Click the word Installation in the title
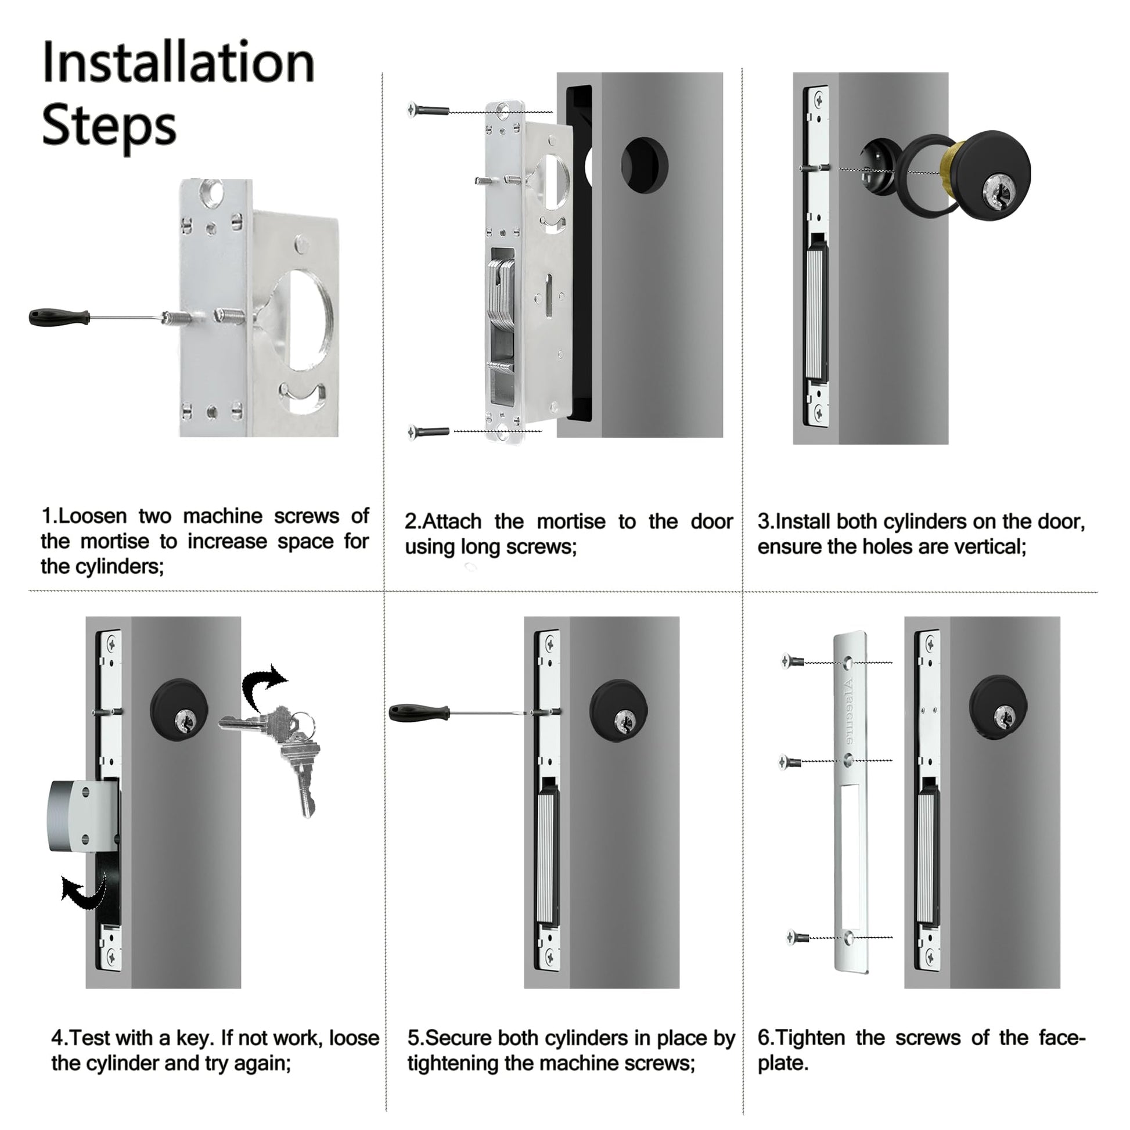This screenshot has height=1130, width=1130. (x=178, y=63)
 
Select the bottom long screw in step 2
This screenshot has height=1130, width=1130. (x=428, y=432)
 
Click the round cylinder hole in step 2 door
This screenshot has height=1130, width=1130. (x=644, y=164)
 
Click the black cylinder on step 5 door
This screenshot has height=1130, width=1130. (x=619, y=711)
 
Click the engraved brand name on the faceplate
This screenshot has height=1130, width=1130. (x=849, y=711)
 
